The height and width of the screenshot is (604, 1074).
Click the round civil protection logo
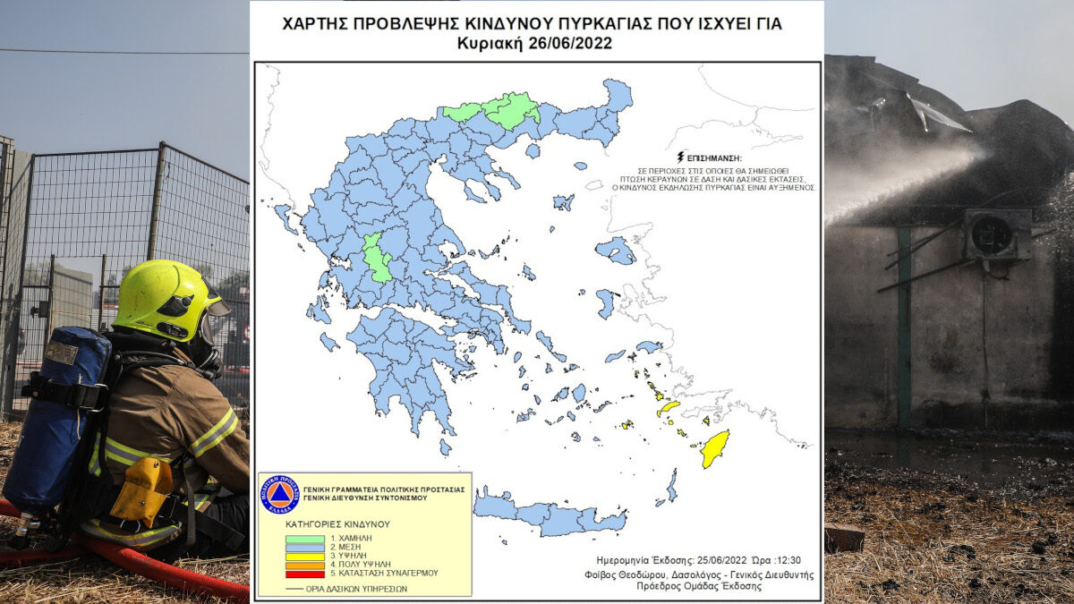tap(279, 494)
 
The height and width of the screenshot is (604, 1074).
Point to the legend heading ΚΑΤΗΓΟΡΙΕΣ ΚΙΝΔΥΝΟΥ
tap(337, 523)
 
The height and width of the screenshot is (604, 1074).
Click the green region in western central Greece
tap(377, 258)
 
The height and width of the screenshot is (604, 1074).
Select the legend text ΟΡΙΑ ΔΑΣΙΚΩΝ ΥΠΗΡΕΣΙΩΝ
tap(350, 588)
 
